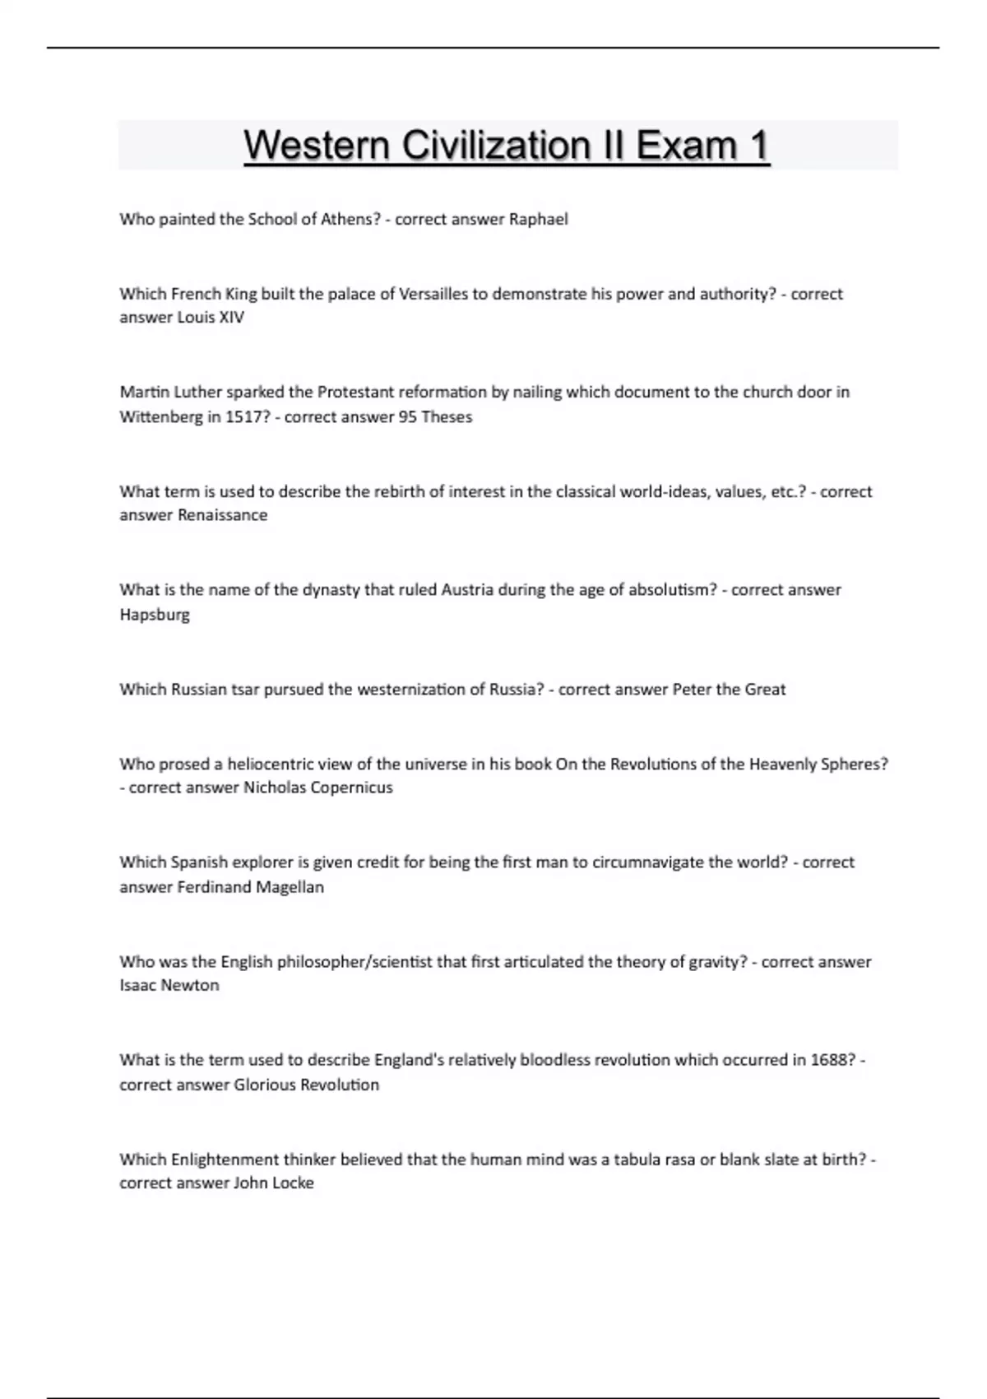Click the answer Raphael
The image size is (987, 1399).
[x=539, y=220]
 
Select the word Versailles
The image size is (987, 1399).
[x=432, y=294]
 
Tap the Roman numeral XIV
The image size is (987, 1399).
[x=231, y=318]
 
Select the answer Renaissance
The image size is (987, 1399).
[x=223, y=515]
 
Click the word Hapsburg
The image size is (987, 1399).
[x=155, y=615]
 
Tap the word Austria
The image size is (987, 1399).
[x=467, y=590]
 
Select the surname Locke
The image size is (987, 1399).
[x=293, y=1183]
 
